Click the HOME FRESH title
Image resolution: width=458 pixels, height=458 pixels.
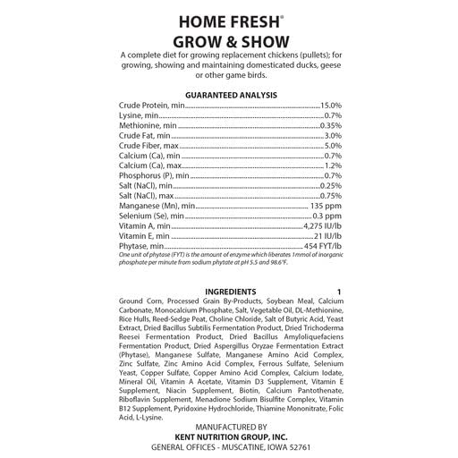pos(228,21)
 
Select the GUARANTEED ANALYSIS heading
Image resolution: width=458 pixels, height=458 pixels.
pos(230,94)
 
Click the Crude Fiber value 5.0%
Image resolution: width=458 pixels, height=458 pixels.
pos(333,145)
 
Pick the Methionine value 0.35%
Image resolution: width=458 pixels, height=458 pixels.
pos(330,125)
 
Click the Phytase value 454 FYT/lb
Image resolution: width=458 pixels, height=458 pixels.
pos(322,246)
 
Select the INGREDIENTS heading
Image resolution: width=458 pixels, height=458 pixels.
pos(230,293)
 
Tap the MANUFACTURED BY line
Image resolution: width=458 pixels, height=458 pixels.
pos(230,428)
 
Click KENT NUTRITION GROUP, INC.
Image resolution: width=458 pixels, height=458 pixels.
pos(230,437)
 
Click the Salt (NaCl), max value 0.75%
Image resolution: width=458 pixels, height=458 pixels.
pos(330,195)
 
